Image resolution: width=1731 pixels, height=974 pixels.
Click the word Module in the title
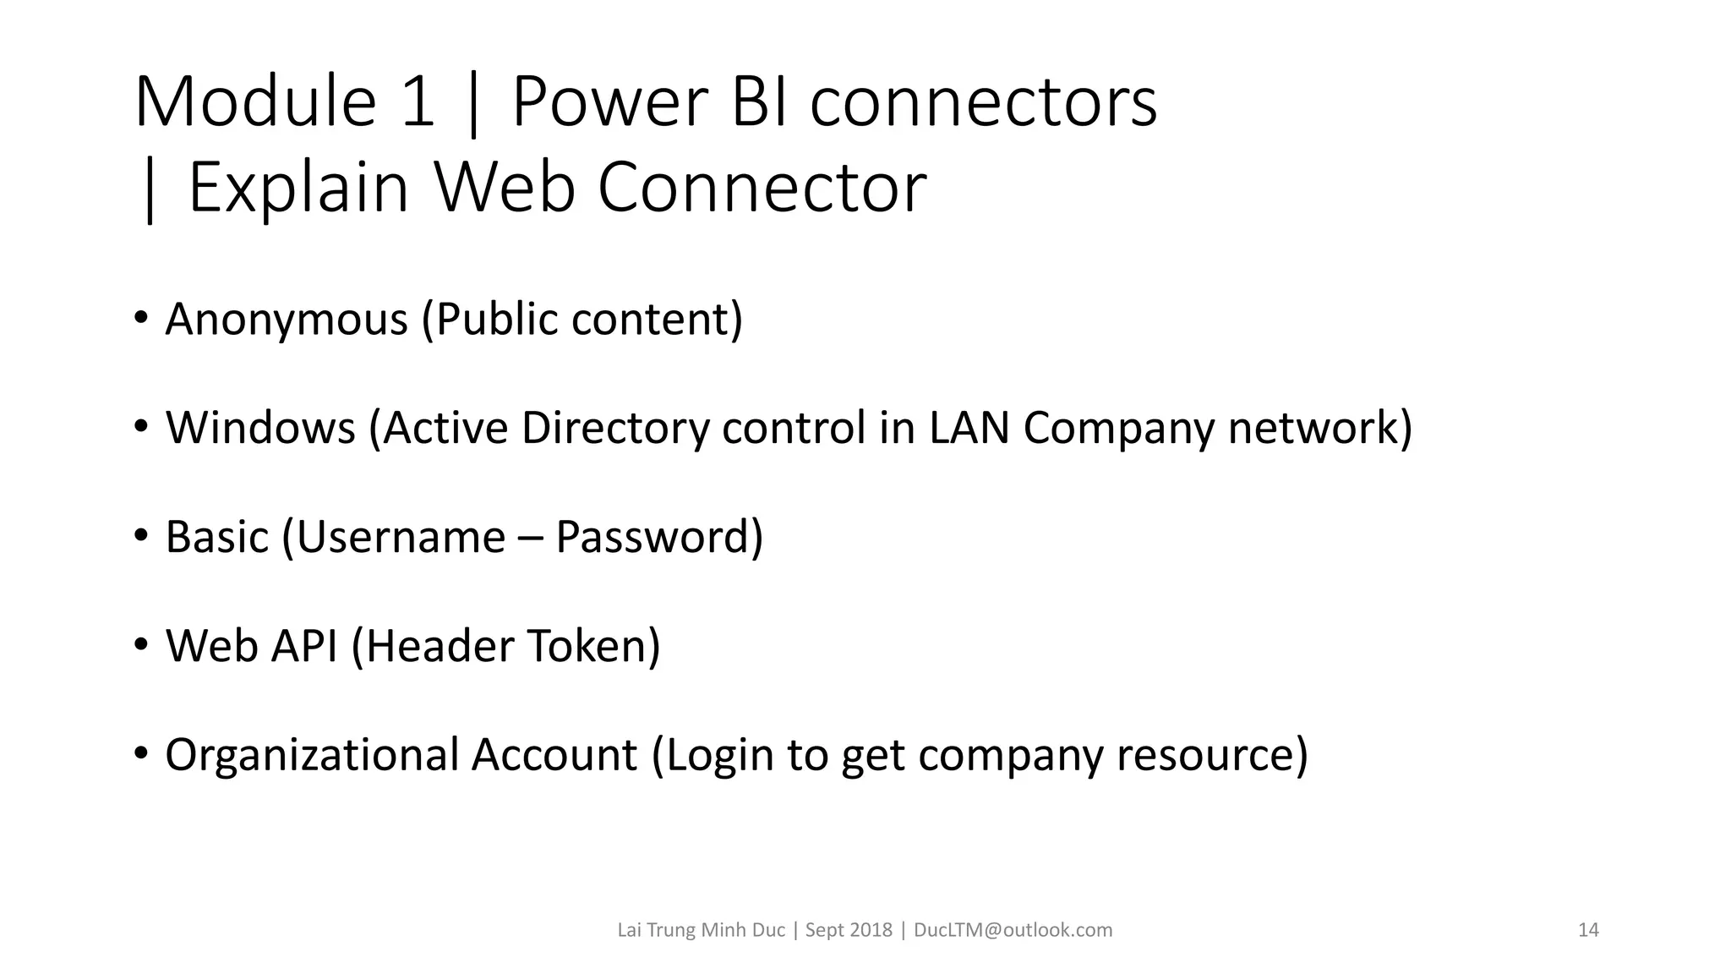(x=254, y=102)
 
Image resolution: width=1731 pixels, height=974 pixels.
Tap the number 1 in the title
(x=418, y=102)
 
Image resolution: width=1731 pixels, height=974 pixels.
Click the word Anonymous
(x=287, y=320)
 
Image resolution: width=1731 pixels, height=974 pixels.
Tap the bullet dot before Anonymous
(x=141, y=318)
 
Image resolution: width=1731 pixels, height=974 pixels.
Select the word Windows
(x=260, y=428)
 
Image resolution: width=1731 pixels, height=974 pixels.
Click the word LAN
(x=969, y=428)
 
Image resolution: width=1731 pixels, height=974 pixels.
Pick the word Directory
(x=614, y=428)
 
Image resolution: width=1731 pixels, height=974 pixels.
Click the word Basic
(x=216, y=537)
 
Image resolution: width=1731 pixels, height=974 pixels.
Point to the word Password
(x=658, y=537)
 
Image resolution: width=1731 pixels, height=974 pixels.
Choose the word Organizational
(x=312, y=755)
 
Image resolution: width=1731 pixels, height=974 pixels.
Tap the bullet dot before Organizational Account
(x=141, y=753)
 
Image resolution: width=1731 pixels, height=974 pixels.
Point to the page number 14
(x=1588, y=930)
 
